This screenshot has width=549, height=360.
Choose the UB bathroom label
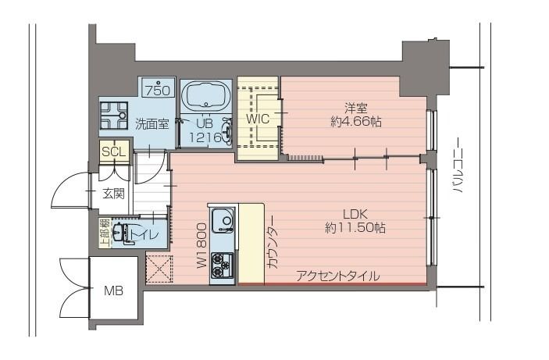[x=205, y=123]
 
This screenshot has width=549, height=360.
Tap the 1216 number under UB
[x=205, y=136]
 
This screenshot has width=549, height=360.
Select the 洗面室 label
[x=152, y=123]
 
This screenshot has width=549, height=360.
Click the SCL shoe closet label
[x=112, y=151]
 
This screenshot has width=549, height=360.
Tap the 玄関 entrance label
[x=113, y=194]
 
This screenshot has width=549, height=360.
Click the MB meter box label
[x=113, y=292]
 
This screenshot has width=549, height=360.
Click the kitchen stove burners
[x=223, y=266]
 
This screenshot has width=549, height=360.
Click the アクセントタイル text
[x=337, y=276]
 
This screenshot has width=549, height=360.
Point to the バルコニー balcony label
[x=459, y=166]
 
